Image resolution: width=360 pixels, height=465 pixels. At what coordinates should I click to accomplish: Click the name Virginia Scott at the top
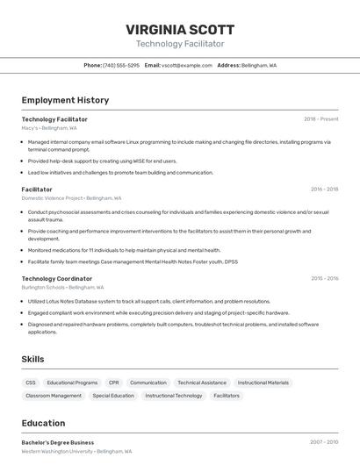coord(180,29)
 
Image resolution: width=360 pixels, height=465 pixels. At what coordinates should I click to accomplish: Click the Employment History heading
coord(65,100)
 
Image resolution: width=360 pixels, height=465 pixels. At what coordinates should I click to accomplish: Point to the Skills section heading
coord(33,359)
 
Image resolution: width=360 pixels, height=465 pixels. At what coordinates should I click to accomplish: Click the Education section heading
coord(43,423)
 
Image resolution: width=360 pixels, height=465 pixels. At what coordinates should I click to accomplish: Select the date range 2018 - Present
coord(320,119)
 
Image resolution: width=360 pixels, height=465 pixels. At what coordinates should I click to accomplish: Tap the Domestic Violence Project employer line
coord(71,198)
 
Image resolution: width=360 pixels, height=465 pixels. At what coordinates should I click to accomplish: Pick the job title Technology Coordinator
coord(57,278)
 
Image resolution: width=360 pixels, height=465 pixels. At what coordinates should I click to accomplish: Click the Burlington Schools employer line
coord(62,287)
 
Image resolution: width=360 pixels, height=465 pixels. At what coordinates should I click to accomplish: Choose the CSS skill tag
coord(31,383)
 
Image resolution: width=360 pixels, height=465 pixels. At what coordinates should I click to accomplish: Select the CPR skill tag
coord(114,383)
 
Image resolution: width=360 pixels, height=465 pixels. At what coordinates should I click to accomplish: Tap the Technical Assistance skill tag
coord(202,383)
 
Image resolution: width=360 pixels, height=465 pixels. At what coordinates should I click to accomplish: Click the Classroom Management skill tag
coord(54,396)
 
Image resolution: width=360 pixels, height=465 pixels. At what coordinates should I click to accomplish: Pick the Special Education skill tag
coord(113,396)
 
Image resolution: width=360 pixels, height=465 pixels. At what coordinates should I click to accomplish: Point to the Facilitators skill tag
coord(227,396)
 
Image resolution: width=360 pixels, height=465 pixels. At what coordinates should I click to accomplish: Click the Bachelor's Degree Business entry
coord(58,442)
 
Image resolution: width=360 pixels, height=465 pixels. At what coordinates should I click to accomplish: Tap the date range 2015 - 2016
coord(324,278)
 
